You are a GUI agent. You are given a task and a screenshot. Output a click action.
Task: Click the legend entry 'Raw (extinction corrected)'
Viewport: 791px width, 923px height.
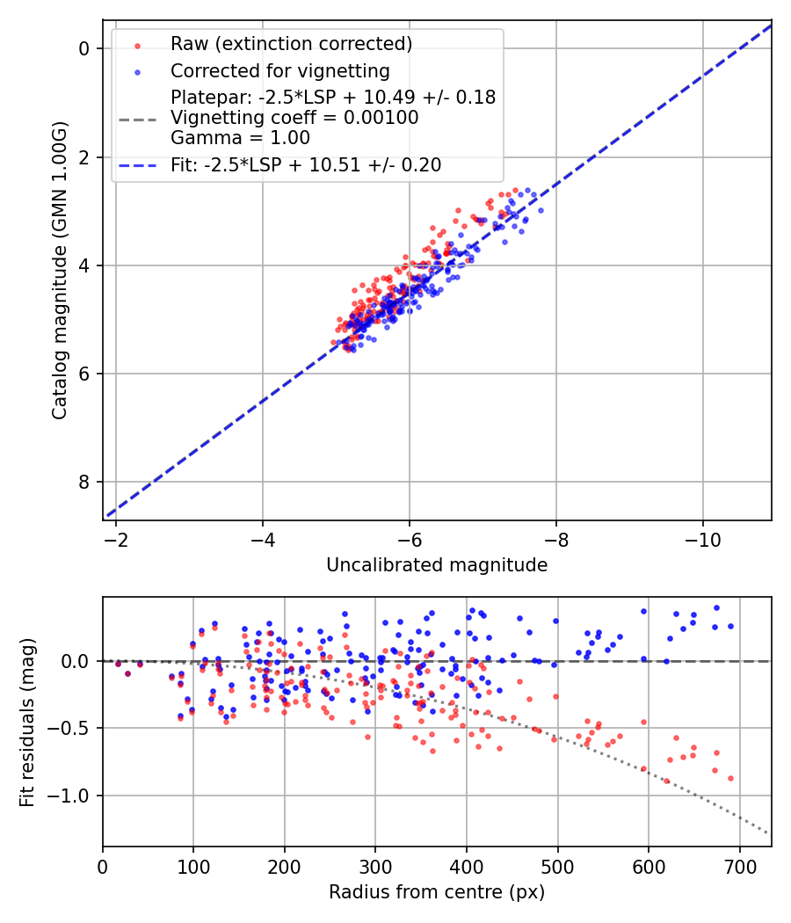[291, 43]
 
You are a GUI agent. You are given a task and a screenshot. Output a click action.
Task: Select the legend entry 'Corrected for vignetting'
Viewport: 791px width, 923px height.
[280, 70]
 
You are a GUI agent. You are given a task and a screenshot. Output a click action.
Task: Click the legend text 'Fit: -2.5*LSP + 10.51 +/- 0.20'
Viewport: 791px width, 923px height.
[306, 164]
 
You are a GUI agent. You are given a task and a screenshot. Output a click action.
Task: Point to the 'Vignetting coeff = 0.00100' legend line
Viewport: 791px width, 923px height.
[294, 118]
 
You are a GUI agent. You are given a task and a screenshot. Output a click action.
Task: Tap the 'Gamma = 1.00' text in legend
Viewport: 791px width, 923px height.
[240, 138]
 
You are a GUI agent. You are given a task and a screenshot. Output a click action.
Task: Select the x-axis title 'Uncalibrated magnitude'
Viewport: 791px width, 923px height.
[437, 565]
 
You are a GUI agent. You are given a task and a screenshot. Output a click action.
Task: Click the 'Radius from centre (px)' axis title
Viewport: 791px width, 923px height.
[437, 892]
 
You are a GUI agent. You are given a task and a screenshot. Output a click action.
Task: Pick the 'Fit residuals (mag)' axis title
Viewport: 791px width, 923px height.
[27, 722]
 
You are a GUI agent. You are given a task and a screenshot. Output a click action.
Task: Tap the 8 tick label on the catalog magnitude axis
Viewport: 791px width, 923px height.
[84, 482]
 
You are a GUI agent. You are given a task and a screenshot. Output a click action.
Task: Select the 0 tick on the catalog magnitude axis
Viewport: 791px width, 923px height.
[84, 48]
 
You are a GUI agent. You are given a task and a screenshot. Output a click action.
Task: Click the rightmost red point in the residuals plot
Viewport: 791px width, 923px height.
[730, 778]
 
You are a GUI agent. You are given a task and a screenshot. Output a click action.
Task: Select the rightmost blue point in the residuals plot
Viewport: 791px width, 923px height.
[730, 627]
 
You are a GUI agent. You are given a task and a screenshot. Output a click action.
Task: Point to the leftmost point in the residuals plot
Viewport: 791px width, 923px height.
[118, 664]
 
